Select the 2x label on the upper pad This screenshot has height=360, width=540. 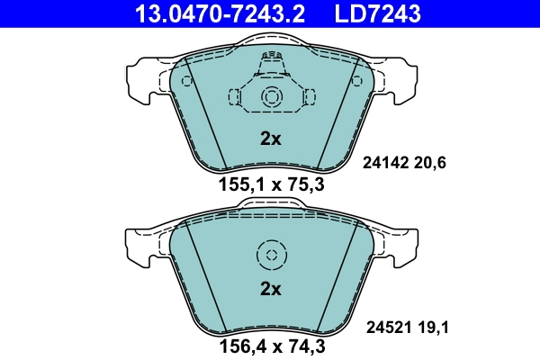[x=270, y=139]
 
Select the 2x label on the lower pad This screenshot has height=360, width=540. [x=270, y=289]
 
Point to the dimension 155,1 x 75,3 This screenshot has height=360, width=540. [x=270, y=186]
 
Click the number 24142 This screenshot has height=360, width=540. [x=385, y=163]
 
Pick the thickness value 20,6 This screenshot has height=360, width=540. [x=430, y=163]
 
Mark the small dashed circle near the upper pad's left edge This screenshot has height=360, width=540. [x=187, y=81]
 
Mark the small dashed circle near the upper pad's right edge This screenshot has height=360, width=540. [x=354, y=81]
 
